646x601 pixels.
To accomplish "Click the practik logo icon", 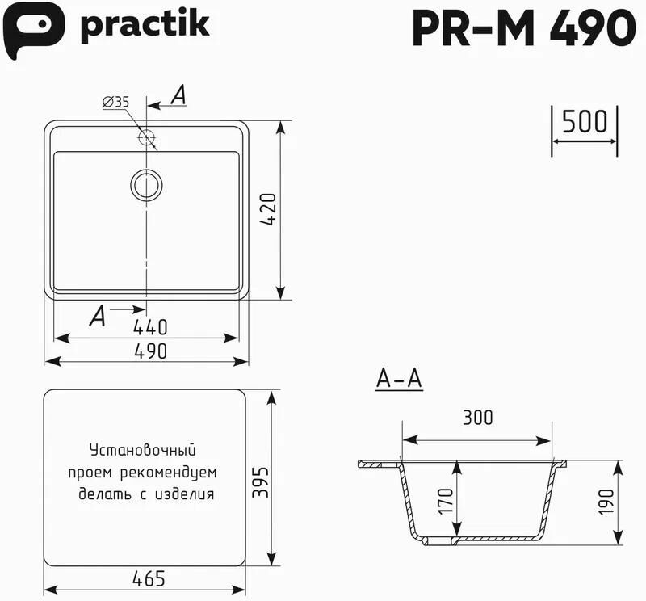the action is coord(33,30).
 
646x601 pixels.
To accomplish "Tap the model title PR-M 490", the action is coord(524,27).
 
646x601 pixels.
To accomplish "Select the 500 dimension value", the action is coord(585,121).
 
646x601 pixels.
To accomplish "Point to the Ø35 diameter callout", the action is coord(115,102).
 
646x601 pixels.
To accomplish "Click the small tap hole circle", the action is coord(146,137).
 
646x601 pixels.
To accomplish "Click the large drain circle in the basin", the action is coord(146,185).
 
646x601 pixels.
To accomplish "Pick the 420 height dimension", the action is coord(268,209).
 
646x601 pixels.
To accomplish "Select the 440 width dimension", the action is coord(150,327).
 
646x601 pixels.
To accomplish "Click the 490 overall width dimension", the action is coord(151,351).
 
